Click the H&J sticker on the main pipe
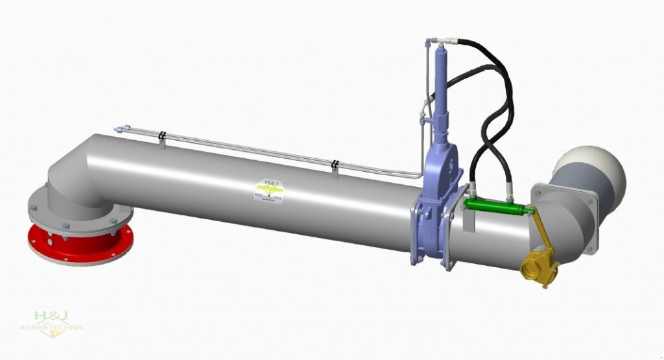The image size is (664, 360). click(x=267, y=190)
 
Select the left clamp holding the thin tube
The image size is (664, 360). click(x=162, y=138)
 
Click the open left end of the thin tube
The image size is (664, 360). click(x=117, y=129)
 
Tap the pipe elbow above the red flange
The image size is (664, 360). click(x=75, y=178)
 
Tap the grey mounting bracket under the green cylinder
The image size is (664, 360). click(x=469, y=221)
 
